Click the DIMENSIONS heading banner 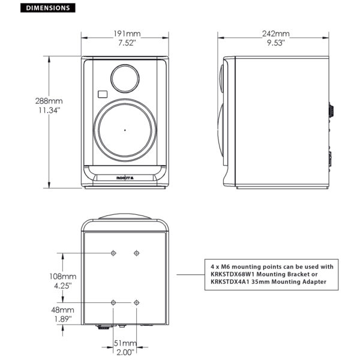click(48, 8)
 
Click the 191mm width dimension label click(127, 34)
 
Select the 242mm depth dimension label click(276, 34)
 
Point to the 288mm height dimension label click(49, 101)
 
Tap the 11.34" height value click(49, 110)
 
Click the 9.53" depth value click(276, 43)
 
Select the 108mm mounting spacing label click(63, 276)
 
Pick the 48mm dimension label click(62, 310)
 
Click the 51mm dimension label click(125, 343)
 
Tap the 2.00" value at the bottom click(125, 352)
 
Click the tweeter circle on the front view click(125, 79)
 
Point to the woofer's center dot click(125, 130)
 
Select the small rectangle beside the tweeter click(103, 94)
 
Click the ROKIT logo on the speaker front click(125, 178)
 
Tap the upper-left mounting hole click(113, 253)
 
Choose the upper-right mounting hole click(137, 253)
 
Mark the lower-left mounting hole click(113, 302)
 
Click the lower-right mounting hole click(137, 302)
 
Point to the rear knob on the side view click(331, 110)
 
